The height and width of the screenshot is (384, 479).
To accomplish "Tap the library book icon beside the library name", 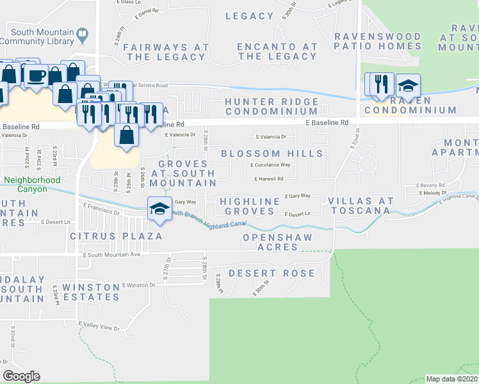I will [x=81, y=33].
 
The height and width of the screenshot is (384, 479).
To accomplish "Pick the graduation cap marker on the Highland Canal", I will [x=159, y=208].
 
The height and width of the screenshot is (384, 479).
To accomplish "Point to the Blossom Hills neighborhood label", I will [x=272, y=154].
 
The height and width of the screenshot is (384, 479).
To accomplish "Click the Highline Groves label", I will [x=250, y=207].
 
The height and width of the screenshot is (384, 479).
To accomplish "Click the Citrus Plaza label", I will [x=115, y=236].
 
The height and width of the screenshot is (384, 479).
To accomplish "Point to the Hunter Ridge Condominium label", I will [x=272, y=106].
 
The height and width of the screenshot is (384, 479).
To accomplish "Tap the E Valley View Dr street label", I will [x=99, y=327].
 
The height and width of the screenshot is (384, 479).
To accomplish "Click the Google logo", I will [x=22, y=376].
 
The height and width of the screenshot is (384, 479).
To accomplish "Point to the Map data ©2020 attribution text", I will [x=451, y=379].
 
